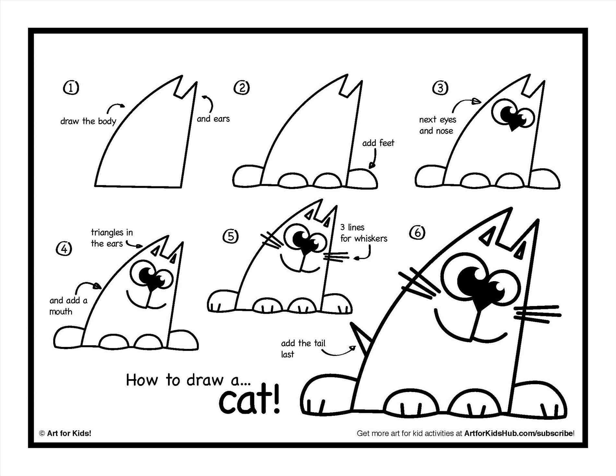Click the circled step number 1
click(x=71, y=88)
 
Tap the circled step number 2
click(x=243, y=88)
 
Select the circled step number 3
click(x=441, y=88)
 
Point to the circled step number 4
click(x=64, y=249)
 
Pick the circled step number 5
click(x=231, y=236)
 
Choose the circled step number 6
click(x=417, y=232)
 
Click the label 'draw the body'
click(x=88, y=121)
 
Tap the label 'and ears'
click(x=213, y=119)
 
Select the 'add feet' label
click(x=378, y=143)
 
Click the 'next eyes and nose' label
click(x=437, y=125)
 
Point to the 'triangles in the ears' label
click(x=112, y=238)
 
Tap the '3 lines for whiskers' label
click(x=363, y=233)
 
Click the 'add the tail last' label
click(x=303, y=349)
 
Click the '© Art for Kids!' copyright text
click(x=65, y=433)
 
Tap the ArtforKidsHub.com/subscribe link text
click(x=519, y=433)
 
